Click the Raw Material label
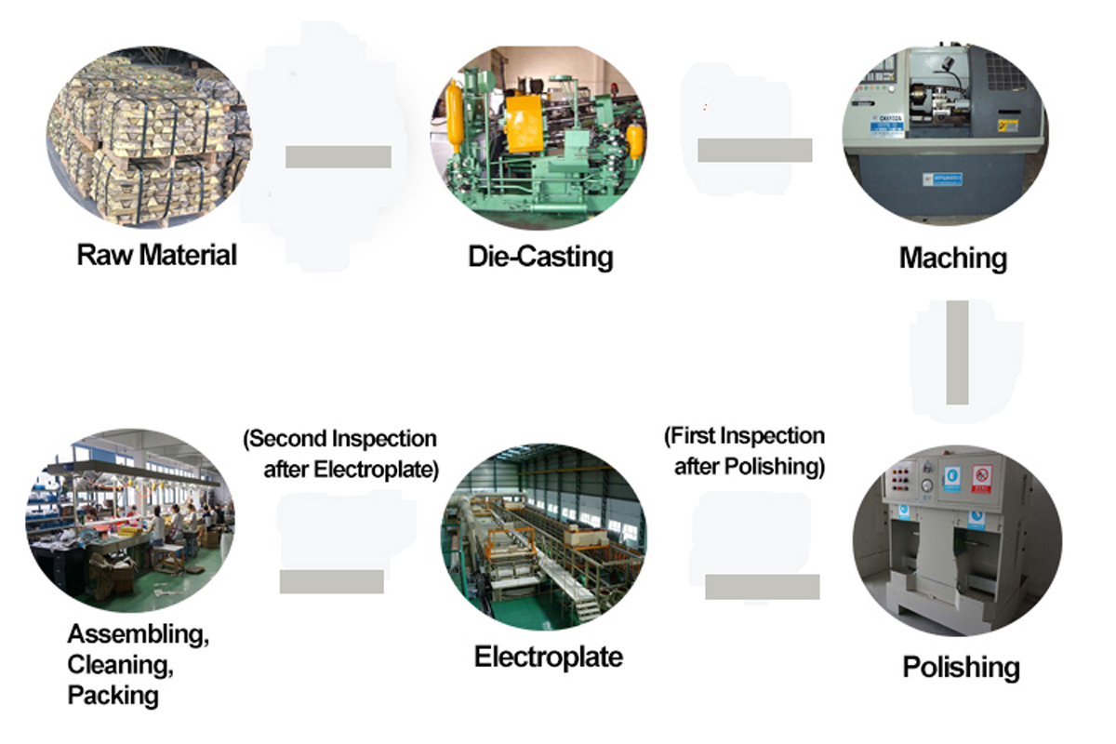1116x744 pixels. (156, 255)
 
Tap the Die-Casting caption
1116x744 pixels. (540, 257)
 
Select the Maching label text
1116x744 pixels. (953, 259)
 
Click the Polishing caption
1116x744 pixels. (961, 667)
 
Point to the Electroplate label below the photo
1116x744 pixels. (549, 657)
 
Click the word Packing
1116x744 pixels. (113, 696)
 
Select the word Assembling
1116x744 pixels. (138, 634)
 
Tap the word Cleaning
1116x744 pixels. (121, 665)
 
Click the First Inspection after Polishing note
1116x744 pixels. (745, 451)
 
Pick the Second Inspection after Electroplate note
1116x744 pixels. (340, 455)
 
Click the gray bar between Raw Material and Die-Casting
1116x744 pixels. (339, 156)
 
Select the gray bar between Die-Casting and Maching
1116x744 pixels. (755, 150)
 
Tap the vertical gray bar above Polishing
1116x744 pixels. (957, 352)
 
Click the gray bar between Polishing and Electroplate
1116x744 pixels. (763, 587)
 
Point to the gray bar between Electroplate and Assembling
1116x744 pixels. (332, 581)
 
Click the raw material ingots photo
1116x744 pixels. (149, 137)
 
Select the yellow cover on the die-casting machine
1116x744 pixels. (524, 123)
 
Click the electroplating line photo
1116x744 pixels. (543, 538)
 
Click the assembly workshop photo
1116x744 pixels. (130, 521)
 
